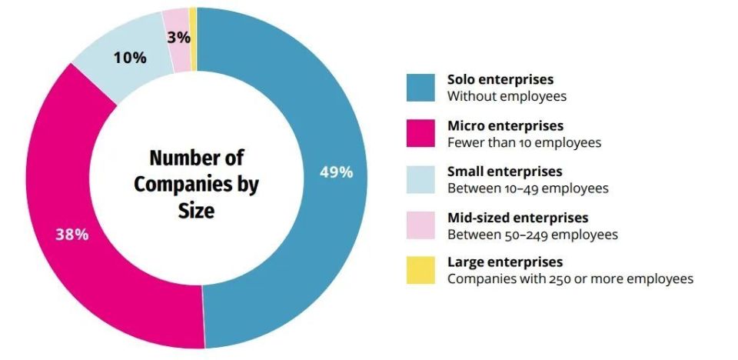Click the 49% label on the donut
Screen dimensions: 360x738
point(336,172)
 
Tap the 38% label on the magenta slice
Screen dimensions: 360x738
point(71,235)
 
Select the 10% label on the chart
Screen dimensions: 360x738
point(130,58)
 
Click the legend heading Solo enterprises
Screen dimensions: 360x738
point(500,79)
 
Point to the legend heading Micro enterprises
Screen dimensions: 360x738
point(505,125)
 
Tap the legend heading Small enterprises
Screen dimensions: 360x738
point(504,171)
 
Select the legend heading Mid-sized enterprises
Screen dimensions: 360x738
point(517,218)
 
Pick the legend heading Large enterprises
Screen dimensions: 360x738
point(505,262)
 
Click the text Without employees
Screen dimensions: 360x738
point(507,96)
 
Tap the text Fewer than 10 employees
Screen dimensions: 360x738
point(524,142)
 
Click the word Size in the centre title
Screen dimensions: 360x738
point(198,209)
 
